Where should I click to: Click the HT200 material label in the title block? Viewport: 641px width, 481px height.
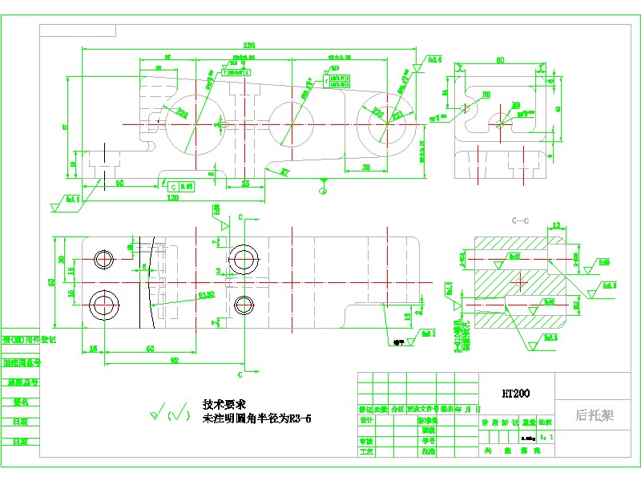click(515, 394)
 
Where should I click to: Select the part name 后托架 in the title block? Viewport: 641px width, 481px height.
click(594, 415)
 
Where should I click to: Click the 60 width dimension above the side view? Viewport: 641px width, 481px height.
click(499, 60)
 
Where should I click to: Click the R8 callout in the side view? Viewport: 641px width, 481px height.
click(516, 105)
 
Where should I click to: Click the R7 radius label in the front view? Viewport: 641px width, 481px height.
click(284, 171)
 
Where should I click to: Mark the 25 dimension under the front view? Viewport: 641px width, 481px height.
click(245, 184)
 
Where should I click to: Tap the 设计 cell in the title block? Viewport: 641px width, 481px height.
click(366, 420)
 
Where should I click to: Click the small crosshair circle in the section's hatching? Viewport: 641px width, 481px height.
click(519, 281)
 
